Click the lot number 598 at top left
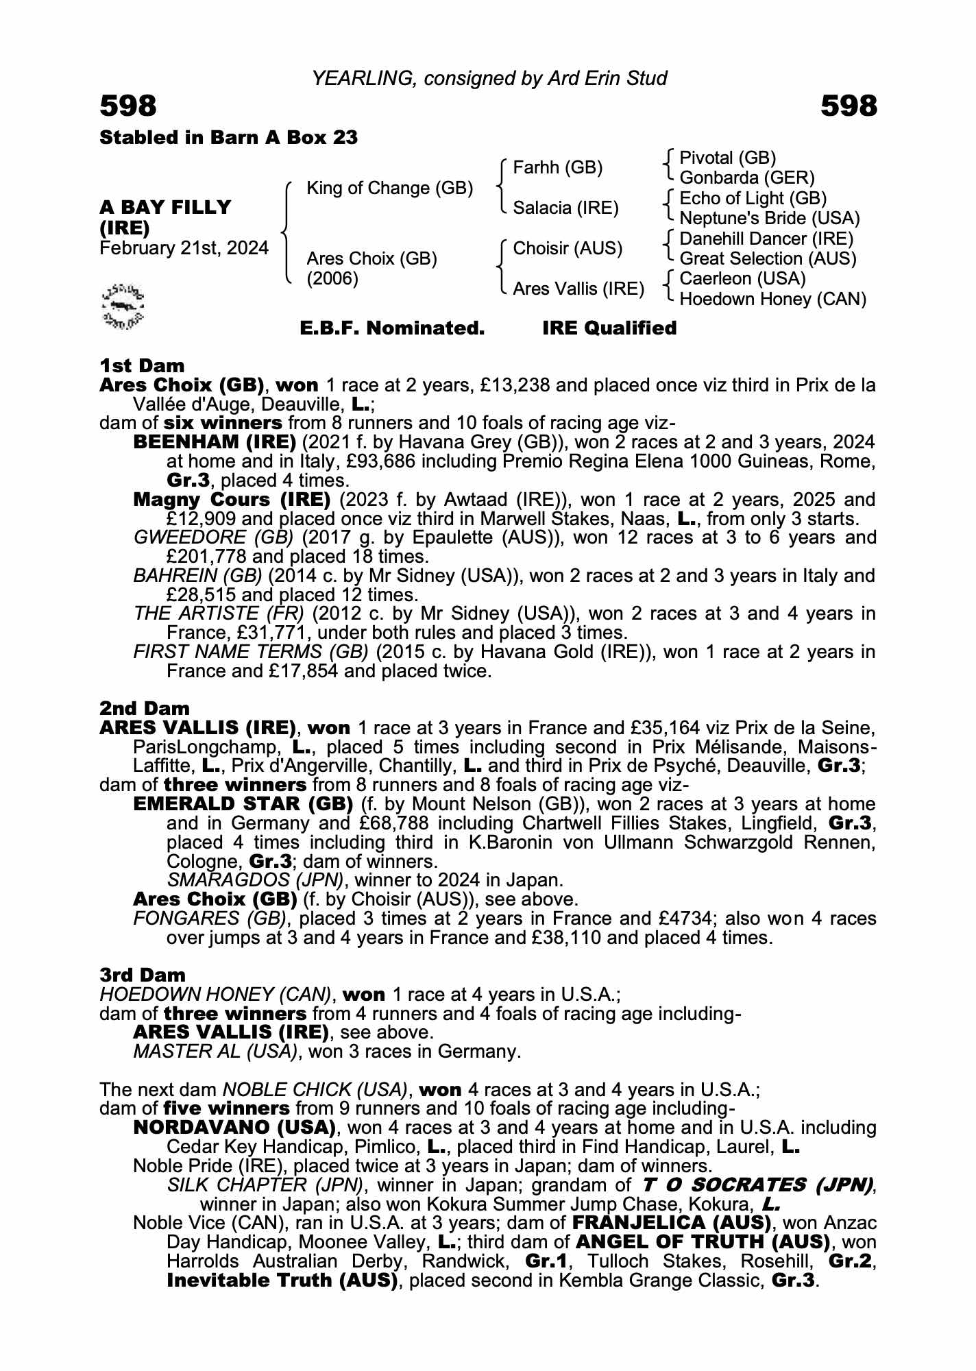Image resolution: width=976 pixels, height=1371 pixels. [128, 106]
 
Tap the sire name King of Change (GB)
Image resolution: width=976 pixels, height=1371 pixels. [389, 188]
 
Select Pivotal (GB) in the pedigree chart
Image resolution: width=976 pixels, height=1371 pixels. [727, 158]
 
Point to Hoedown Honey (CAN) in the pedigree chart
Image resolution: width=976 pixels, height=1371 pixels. [772, 299]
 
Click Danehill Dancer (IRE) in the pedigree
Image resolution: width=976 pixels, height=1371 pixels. [766, 239]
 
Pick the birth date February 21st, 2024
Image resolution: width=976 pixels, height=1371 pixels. [184, 248]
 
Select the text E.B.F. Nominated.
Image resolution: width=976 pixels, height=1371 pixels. [392, 328]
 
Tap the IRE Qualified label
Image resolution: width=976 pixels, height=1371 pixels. [609, 328]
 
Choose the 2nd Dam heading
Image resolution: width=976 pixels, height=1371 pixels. [145, 708]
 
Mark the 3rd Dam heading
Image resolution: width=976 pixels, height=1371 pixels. [143, 975]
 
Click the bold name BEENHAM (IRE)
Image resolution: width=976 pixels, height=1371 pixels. [215, 442]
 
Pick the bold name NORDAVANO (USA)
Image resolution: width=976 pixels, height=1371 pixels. [234, 1128]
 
